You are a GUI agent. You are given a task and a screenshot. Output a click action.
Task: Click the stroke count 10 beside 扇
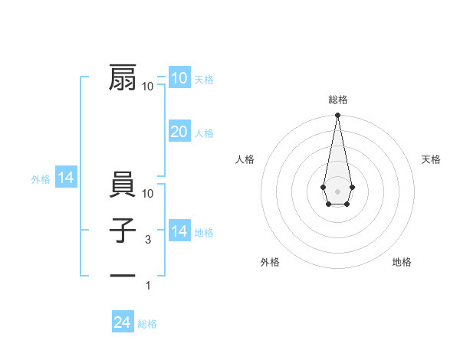(x=147, y=87)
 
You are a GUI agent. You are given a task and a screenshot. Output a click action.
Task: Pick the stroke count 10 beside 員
(x=149, y=194)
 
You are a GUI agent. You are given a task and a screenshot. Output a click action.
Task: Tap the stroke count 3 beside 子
(x=147, y=240)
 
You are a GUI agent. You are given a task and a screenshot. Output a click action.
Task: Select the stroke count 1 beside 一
(x=148, y=286)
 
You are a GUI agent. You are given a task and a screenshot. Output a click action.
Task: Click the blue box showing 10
(x=179, y=78)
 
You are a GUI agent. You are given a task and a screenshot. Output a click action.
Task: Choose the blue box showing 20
(x=179, y=132)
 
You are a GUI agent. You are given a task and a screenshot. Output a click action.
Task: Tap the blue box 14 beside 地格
(x=179, y=231)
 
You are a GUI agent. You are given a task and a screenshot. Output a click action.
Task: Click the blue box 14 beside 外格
(x=66, y=178)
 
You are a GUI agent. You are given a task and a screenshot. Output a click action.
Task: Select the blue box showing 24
(x=122, y=322)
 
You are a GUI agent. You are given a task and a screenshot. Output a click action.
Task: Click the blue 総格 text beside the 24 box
(x=147, y=324)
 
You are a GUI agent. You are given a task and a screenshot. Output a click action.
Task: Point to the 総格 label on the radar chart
(x=338, y=100)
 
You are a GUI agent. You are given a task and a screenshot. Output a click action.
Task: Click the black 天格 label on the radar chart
(x=431, y=159)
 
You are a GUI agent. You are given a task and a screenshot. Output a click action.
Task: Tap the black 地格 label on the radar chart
(x=402, y=262)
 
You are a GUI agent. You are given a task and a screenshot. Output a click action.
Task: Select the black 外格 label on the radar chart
(x=270, y=262)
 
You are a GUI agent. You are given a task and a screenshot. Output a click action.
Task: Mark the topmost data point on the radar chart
(x=337, y=116)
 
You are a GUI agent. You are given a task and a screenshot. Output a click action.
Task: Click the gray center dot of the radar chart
(x=337, y=190)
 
